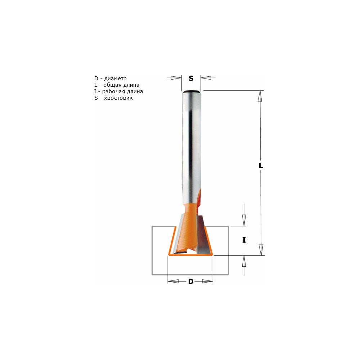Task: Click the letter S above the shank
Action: click(191, 78)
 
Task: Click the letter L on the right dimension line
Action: click(261, 166)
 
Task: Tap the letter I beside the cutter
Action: click(244, 240)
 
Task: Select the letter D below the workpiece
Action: click(191, 282)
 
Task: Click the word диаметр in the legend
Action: click(115, 79)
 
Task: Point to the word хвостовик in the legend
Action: click(118, 98)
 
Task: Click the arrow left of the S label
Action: click(174, 78)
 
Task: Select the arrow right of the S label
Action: click(208, 78)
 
